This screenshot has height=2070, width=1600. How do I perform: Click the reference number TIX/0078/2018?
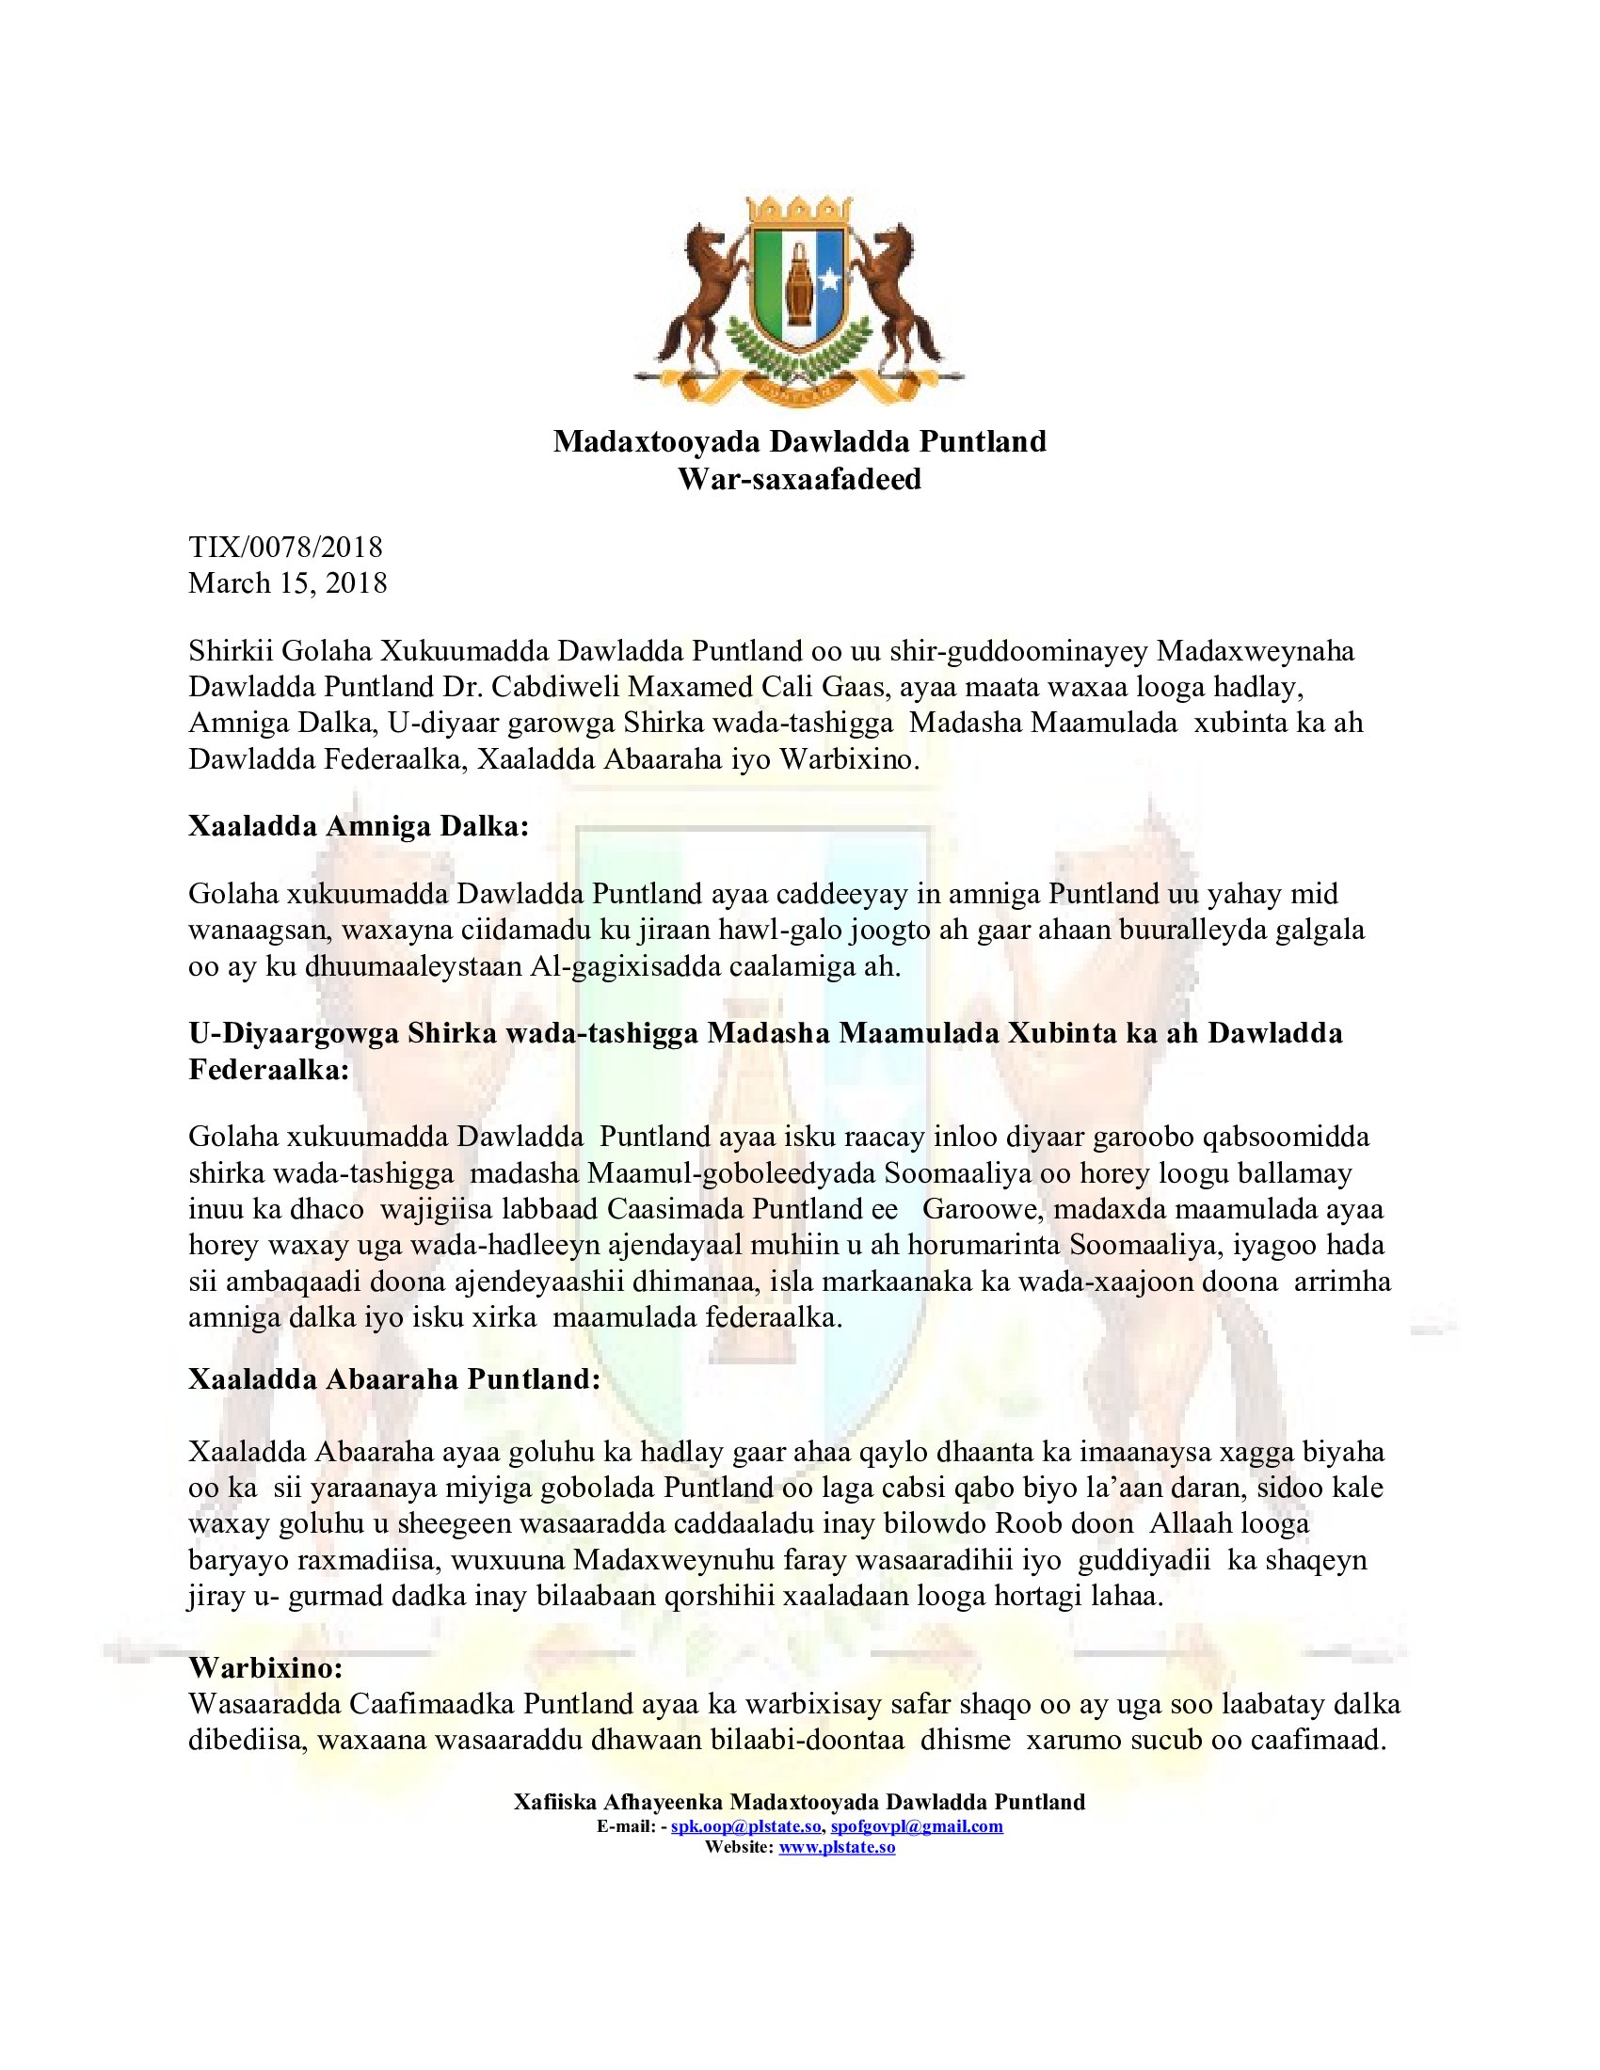pos(285,547)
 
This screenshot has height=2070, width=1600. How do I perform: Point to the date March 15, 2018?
pos(288,583)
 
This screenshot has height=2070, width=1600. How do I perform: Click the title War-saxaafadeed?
pos(799,480)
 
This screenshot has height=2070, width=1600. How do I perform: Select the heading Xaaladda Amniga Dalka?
pos(359,826)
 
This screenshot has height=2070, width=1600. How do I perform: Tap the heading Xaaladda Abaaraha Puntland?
pos(394,1379)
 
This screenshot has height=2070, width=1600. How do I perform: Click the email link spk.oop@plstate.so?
pos(746,1826)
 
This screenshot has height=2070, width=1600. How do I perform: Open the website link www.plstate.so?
pos(837,1847)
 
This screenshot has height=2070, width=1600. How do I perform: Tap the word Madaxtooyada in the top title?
pos(658,441)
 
